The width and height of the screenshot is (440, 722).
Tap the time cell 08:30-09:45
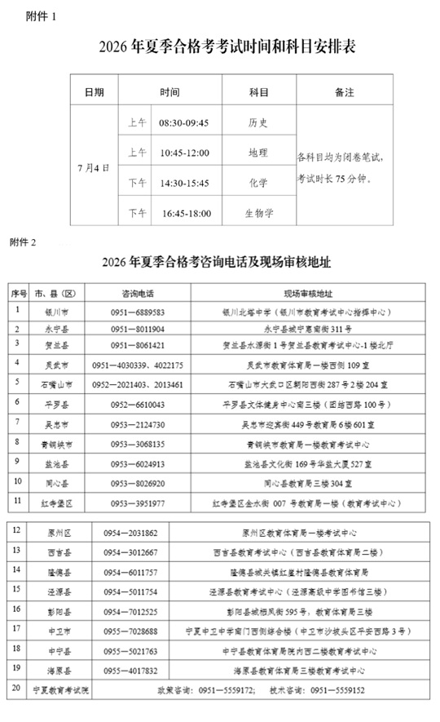[184, 122]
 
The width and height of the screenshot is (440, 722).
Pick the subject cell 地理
[257, 153]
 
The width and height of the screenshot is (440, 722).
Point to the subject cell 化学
[257, 183]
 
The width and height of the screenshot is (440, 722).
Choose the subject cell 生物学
[257, 214]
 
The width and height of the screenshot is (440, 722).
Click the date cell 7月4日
[94, 168]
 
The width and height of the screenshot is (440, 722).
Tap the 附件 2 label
[24, 242]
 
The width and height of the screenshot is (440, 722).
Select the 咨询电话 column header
[138, 293]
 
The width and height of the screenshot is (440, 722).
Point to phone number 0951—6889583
[138, 312]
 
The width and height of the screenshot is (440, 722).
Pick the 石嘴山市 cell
[56, 383]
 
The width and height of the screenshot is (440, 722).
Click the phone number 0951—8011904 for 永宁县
[138, 330]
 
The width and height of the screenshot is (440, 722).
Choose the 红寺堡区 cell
[56, 503]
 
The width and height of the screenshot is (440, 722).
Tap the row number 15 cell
[16, 590]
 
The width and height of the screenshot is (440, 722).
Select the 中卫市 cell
[56, 631]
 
